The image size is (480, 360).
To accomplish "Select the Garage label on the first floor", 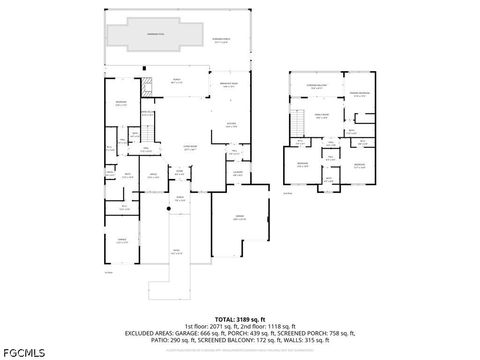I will tap(239, 218).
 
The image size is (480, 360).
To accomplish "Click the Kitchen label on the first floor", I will tap(231, 124).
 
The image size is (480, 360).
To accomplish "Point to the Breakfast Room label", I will tap(228, 86).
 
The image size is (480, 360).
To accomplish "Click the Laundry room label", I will tap(237, 173).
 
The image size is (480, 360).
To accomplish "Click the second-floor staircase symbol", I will tap(299, 120).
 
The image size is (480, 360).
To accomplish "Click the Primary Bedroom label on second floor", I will tap(358, 95).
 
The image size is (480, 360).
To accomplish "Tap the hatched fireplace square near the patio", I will tap(146, 84).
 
